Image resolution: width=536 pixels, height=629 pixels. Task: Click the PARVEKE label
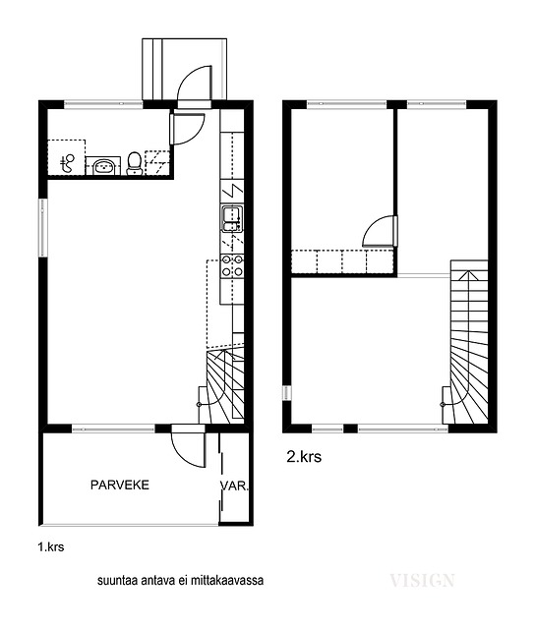coord(120,485)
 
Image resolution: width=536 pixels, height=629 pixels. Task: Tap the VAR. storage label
coord(234,486)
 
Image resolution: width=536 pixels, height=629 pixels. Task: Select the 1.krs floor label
coord(51,546)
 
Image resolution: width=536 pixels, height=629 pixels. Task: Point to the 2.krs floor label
coord(304,457)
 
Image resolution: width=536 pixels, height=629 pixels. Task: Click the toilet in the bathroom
coord(134,164)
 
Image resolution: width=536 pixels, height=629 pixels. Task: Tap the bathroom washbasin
coord(103,166)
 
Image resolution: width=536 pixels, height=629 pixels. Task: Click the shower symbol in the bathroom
coord(67,163)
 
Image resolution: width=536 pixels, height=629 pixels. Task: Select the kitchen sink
coord(232,218)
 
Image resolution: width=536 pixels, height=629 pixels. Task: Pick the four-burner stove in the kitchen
coord(232,266)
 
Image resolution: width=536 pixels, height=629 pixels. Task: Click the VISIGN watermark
coord(422,581)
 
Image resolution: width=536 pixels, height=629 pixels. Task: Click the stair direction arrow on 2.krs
coord(468,275)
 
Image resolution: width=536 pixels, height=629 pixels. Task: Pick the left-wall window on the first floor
coord(43,227)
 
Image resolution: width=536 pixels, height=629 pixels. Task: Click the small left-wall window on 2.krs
coord(286,392)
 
